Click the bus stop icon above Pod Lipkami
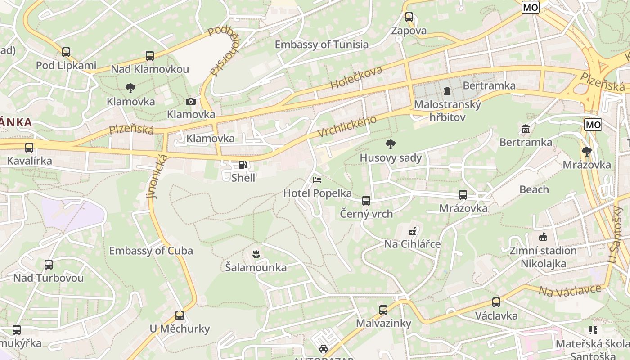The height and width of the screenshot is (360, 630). click(x=66, y=52)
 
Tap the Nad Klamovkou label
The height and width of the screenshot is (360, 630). click(x=150, y=69)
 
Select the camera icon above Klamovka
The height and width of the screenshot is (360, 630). click(x=191, y=101)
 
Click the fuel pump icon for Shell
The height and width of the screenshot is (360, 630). click(x=243, y=165)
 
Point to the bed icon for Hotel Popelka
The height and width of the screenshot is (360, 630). click(x=317, y=180)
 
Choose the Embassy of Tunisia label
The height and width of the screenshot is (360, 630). click(x=321, y=45)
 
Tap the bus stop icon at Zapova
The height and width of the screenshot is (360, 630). click(x=409, y=18)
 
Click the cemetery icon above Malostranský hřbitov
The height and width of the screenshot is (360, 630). click(x=447, y=91)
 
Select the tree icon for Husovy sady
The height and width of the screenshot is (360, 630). click(x=391, y=144)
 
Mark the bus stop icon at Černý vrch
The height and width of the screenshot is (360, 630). click(x=366, y=201)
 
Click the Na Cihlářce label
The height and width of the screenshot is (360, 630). click(x=412, y=244)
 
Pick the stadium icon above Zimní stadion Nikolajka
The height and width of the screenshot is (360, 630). click(x=543, y=237)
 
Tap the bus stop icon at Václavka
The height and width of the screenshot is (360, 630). click(x=496, y=302)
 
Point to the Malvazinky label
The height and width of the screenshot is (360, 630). click(x=383, y=323)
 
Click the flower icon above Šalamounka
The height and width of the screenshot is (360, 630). click(x=256, y=254)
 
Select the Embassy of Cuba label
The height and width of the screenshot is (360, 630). click(x=151, y=251)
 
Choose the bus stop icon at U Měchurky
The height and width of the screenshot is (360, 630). click(x=180, y=315)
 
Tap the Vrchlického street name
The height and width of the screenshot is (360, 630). click(x=346, y=127)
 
